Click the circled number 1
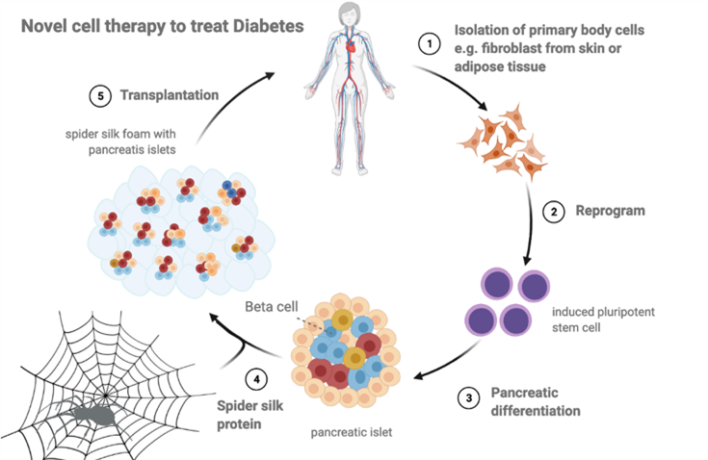424,43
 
